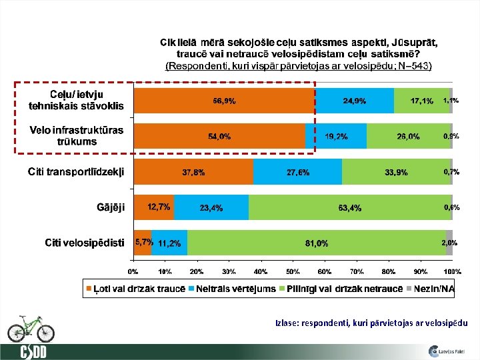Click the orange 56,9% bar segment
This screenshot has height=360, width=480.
(x=223, y=101)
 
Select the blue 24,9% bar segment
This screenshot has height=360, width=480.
(x=354, y=101)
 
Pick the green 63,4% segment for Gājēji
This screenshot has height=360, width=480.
(x=349, y=207)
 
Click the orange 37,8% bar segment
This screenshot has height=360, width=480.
(x=193, y=172)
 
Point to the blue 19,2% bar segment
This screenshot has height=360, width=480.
(x=335, y=136)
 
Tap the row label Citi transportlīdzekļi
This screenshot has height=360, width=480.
(x=75, y=172)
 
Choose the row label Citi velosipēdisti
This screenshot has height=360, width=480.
(x=84, y=243)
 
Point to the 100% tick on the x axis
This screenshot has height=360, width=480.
(x=453, y=272)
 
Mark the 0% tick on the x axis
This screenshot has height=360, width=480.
(x=133, y=272)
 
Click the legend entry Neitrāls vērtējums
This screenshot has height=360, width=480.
(x=231, y=288)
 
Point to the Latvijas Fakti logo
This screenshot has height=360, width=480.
(x=446, y=350)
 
